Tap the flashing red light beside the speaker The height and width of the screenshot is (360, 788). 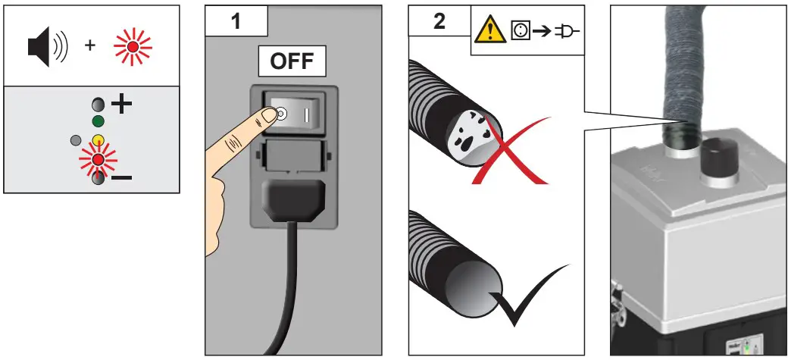132,46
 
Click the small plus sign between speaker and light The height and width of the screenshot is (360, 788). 90,46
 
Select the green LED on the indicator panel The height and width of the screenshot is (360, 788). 97,121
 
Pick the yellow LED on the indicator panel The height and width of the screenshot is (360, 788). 97,140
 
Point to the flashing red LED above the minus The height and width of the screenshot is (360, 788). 97,161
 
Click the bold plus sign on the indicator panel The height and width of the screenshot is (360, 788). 122,105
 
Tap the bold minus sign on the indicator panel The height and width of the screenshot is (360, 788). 120,177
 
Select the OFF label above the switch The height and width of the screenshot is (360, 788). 292,61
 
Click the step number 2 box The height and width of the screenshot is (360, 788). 439,20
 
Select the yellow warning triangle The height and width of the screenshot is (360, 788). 489,33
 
